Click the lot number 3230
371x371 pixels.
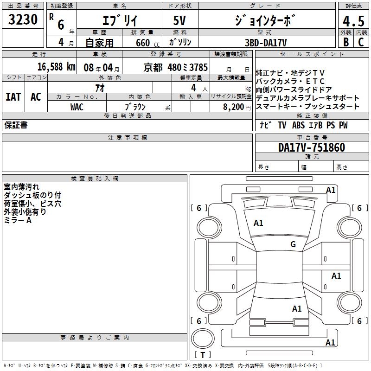pyautogui.click(x=23, y=20)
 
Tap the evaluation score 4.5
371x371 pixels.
pyautogui.click(x=353, y=21)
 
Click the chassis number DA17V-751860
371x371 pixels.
pyautogui.click(x=312, y=147)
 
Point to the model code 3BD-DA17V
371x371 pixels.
pyautogui.click(x=266, y=42)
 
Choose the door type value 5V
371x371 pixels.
pyautogui.click(x=180, y=20)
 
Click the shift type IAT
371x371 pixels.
pyautogui.click(x=13, y=96)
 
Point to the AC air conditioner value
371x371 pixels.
pyautogui.click(x=36, y=96)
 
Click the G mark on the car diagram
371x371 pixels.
pyautogui.click(x=293, y=244)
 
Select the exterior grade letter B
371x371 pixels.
pyautogui.click(x=345, y=42)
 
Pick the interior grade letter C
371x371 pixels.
pyautogui.click(x=361, y=42)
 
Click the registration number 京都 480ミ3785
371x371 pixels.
pyautogui.click(x=176, y=67)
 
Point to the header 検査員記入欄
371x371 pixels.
pyautogui.click(x=95, y=179)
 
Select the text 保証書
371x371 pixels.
pyautogui.click(x=16, y=125)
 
